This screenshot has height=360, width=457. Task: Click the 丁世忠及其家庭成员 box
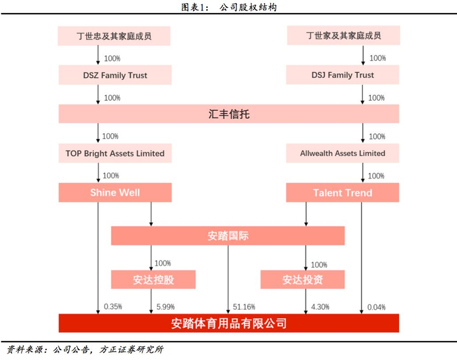pyautogui.click(x=114, y=36)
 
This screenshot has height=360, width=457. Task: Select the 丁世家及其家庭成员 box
pyautogui.click(x=343, y=36)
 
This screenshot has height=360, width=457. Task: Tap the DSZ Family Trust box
pyautogui.click(x=114, y=75)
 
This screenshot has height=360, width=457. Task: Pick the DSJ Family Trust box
pyautogui.click(x=343, y=75)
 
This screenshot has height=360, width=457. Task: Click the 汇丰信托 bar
pyautogui.click(x=228, y=114)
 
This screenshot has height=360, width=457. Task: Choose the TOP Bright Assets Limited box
pyautogui.click(x=114, y=154)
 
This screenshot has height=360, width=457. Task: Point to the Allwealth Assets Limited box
pyautogui.click(x=343, y=154)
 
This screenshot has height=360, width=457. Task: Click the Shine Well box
pyautogui.click(x=114, y=193)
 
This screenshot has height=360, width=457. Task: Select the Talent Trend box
pyautogui.click(x=343, y=193)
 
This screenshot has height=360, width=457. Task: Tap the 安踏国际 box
pyautogui.click(x=228, y=236)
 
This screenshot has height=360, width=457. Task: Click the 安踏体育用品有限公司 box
pyautogui.click(x=228, y=323)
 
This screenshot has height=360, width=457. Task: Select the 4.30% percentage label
pyautogui.click(x=320, y=306)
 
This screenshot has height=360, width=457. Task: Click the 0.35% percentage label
pyautogui.click(x=112, y=306)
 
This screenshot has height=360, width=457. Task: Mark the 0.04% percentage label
pyautogui.click(x=377, y=306)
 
